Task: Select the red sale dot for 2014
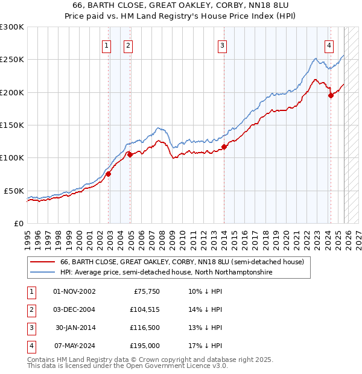click(224, 147)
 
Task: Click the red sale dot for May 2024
click(330, 95)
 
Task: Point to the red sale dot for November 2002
click(109, 174)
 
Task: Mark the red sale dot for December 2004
click(130, 155)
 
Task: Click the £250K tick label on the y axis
click(12, 60)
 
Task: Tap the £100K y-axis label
click(12, 157)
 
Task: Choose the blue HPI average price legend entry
click(166, 273)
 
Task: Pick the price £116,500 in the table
click(142, 328)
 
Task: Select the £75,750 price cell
click(145, 291)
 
